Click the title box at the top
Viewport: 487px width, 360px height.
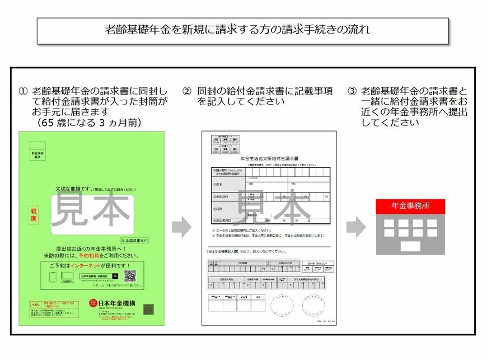tap(243, 30)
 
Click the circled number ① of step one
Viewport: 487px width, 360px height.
tap(23, 91)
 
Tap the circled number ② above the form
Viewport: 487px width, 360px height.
tap(187, 91)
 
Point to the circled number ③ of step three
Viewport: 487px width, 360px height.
tap(352, 91)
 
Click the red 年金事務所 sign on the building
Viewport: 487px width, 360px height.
tap(410, 206)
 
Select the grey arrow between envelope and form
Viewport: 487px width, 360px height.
tap(181, 226)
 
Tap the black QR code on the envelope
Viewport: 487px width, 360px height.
tap(130, 276)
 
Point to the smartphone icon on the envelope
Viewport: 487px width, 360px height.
tap(54, 277)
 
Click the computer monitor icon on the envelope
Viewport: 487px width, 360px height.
tap(67, 277)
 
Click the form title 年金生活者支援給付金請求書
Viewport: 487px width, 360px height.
tap(269, 159)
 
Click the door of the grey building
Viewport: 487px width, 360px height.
tap(410, 246)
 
